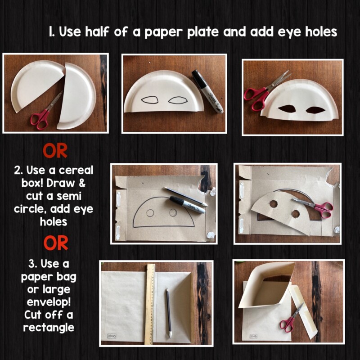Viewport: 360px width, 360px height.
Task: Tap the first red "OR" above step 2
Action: pyautogui.click(x=55, y=151)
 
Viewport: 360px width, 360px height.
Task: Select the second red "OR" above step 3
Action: pyautogui.click(x=56, y=243)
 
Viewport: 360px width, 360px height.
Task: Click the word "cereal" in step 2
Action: pyautogui.click(x=76, y=171)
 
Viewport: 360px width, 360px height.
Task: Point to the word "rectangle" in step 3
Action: pyautogui.click(x=49, y=328)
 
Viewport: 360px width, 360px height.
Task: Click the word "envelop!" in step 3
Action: pyautogui.click(x=49, y=301)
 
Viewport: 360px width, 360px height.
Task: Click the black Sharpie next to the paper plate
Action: pyautogui.click(x=207, y=91)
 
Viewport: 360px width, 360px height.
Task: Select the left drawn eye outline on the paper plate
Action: pyautogui.click(x=150, y=100)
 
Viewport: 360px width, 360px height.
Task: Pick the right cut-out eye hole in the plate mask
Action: pyautogui.click(x=316, y=110)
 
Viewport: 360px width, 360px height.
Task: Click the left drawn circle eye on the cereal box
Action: pyautogui.click(x=150, y=213)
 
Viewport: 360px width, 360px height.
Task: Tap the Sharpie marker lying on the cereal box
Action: pyautogui.click(x=187, y=205)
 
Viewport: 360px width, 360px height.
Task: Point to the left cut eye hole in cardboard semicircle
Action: pyautogui.click(x=274, y=203)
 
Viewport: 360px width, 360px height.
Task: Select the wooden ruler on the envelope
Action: pyautogui.click(x=150, y=304)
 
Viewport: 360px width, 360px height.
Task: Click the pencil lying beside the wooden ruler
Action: pyautogui.click(x=169, y=313)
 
